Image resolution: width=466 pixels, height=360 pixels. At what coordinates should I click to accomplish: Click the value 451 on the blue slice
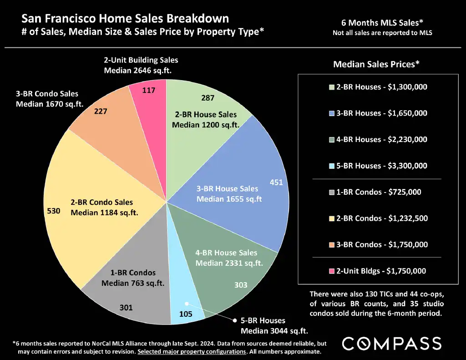click(x=276, y=183)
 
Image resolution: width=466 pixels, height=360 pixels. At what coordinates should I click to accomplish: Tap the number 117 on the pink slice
click(x=148, y=90)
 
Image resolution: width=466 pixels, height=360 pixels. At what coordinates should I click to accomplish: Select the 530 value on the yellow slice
click(x=54, y=211)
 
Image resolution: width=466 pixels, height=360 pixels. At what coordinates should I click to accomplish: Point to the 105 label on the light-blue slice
click(x=186, y=314)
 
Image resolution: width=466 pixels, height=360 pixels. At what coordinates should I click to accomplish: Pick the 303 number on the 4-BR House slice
click(x=241, y=285)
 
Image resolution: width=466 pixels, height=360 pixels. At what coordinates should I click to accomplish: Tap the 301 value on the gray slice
click(x=126, y=308)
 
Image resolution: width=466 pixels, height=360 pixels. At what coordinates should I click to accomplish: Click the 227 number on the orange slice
click(x=101, y=111)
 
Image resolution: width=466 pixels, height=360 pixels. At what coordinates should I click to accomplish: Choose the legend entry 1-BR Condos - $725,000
click(x=379, y=192)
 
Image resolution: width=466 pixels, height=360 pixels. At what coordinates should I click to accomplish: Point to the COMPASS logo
click(x=391, y=344)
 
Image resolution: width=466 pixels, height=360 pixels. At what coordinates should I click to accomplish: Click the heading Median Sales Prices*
click(x=376, y=65)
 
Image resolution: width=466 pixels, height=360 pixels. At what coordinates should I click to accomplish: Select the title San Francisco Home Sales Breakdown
click(x=125, y=19)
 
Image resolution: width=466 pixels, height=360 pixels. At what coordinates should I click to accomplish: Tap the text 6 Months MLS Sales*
click(x=382, y=22)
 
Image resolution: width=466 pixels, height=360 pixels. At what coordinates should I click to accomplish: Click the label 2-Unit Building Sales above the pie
click(x=141, y=60)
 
